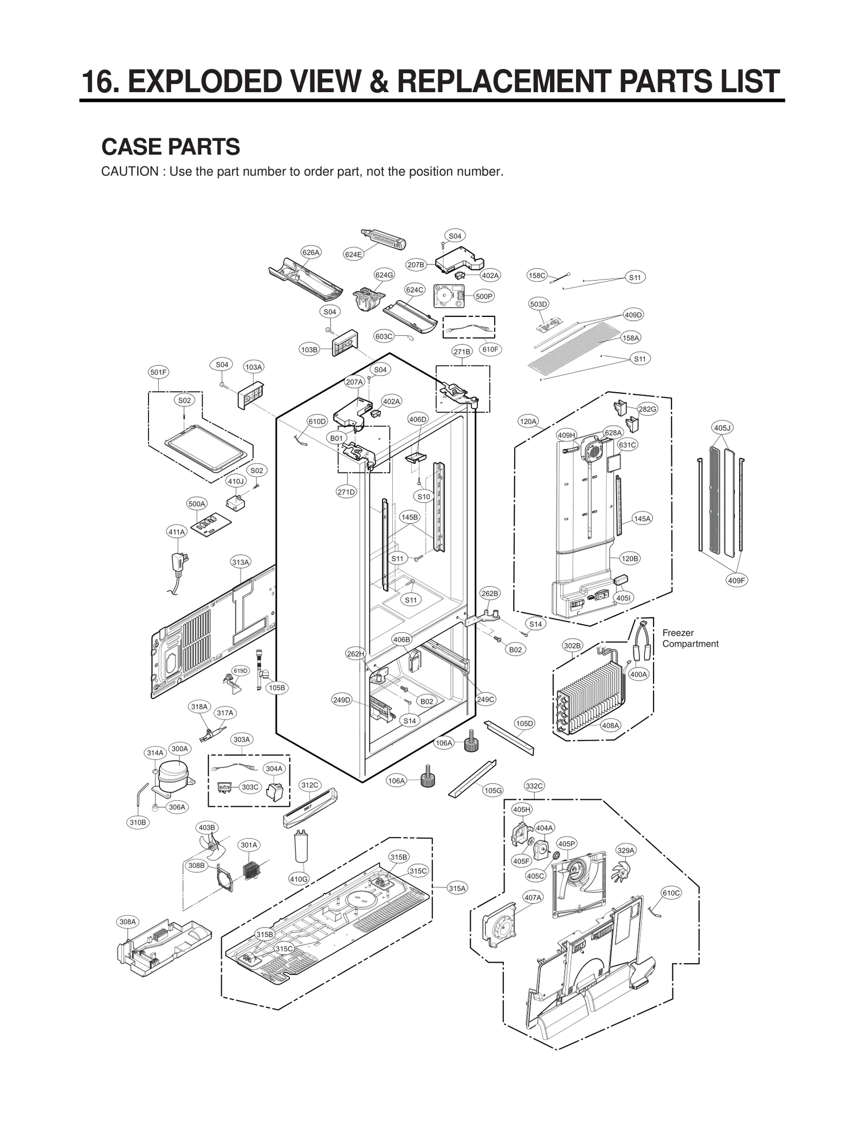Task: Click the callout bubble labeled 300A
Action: [x=179, y=749]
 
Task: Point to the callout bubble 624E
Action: [x=353, y=254]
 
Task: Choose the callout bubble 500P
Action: [x=483, y=296]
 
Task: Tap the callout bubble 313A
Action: [x=240, y=562]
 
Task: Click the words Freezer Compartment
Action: [x=690, y=638]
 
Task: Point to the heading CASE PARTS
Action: [x=171, y=147]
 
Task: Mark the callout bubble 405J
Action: [x=722, y=428]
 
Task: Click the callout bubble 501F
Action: [x=158, y=372]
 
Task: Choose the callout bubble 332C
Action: [x=534, y=786]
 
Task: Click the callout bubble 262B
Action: [x=489, y=593]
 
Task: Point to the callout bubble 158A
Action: [x=631, y=338]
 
